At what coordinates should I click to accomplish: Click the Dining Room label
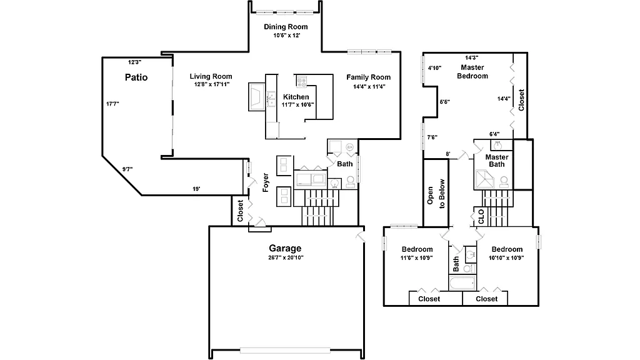[x=286, y=27]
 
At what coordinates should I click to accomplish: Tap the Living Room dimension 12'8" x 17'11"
[x=211, y=84]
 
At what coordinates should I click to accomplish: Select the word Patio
[x=136, y=77]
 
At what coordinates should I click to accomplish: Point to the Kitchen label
[x=296, y=97]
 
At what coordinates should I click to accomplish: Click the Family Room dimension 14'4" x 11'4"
[x=368, y=86]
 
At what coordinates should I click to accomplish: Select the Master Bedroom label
[x=472, y=71]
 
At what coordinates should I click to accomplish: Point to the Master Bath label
[x=496, y=161]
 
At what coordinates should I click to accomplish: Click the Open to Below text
[x=436, y=195]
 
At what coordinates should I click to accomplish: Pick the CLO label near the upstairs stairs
[x=481, y=217]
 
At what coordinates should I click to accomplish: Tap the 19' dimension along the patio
[x=196, y=188]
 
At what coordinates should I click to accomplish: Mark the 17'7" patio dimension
[x=112, y=104]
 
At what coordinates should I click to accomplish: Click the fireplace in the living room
[x=257, y=96]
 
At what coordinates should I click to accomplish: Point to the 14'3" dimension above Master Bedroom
[x=472, y=57]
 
